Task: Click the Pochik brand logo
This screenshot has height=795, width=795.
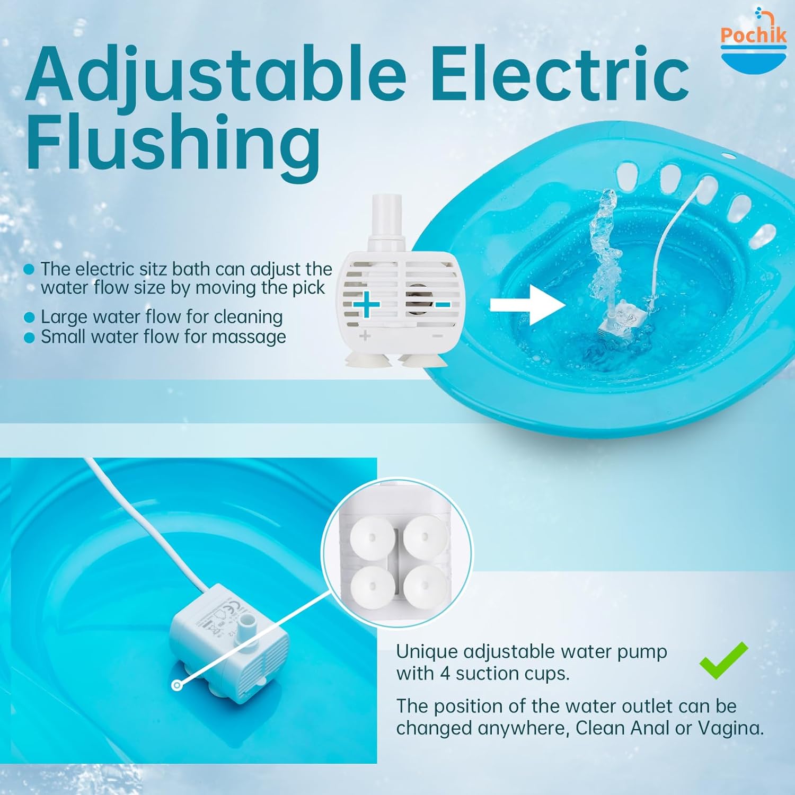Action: click(x=754, y=40)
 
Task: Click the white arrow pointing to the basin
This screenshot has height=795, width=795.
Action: click(x=527, y=305)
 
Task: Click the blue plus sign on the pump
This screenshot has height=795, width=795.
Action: click(x=366, y=305)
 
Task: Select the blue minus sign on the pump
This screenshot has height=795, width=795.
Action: click(x=442, y=305)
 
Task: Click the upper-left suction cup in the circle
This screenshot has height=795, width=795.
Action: click(x=372, y=537)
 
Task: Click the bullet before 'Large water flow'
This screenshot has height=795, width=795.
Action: click(x=30, y=317)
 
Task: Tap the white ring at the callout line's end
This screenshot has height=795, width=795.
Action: click(x=177, y=685)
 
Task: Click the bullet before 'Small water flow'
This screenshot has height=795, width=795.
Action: click(x=30, y=338)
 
